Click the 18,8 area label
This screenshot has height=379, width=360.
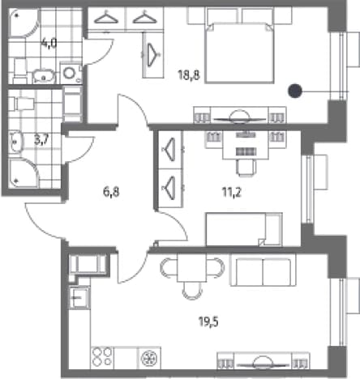(x=189, y=75)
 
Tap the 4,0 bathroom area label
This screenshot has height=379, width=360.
(x=49, y=43)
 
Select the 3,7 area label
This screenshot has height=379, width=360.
(x=41, y=140)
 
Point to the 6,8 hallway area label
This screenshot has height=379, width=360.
(x=111, y=192)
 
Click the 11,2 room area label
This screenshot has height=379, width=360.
(x=232, y=192)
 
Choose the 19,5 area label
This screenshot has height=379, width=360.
(x=208, y=322)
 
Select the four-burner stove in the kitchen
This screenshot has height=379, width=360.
(x=102, y=357)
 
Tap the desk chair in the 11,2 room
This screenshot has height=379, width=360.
(x=246, y=168)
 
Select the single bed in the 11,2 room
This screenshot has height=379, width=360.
(x=244, y=229)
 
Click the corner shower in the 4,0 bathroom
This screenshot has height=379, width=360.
(x=24, y=23)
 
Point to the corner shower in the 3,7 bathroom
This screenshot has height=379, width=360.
(x=23, y=173)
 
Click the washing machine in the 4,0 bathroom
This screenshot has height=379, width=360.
(x=71, y=73)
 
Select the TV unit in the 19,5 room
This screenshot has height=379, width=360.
(x=264, y=361)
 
